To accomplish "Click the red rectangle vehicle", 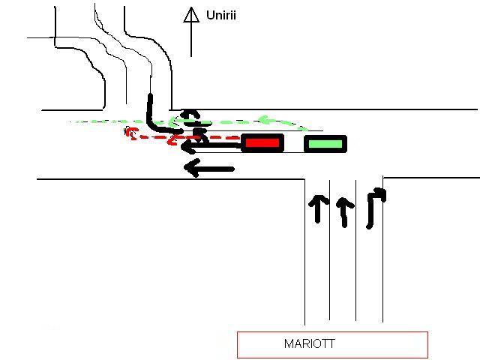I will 262,142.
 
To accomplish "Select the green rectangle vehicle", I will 325,143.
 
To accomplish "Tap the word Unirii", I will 221,15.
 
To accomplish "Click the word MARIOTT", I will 310,344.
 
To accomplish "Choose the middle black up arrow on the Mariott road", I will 343,211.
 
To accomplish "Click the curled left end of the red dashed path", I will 130,133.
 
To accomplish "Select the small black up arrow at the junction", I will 190,115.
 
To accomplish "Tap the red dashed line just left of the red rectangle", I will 225,138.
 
